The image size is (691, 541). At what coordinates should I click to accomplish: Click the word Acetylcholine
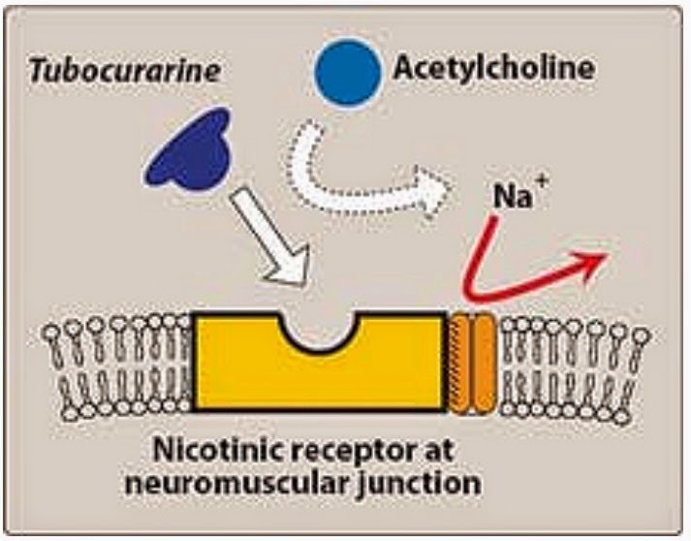[493, 69]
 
